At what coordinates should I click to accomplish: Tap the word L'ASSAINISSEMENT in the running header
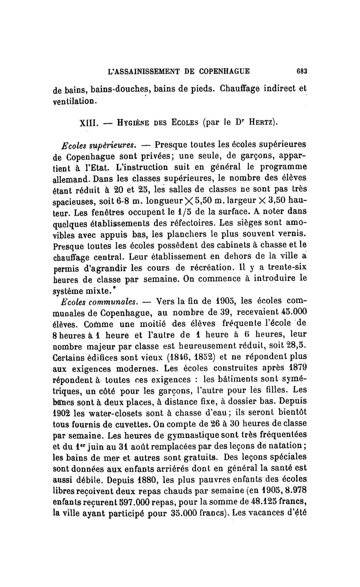138,71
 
